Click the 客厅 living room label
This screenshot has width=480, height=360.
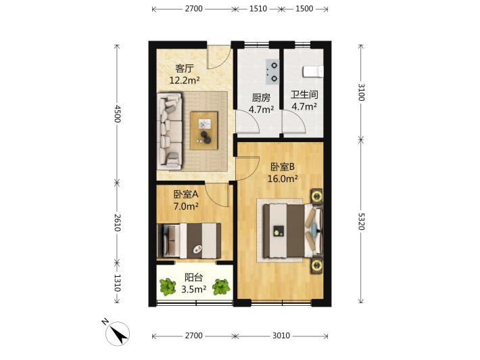185,68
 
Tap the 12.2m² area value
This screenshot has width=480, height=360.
185,81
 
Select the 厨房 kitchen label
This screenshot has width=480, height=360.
261,97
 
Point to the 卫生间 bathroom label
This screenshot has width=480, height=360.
304,95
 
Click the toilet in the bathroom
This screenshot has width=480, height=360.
313,72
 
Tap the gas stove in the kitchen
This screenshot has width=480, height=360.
272,72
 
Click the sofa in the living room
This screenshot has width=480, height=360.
170,131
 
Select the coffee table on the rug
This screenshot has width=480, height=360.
204,131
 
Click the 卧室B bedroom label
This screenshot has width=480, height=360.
283,166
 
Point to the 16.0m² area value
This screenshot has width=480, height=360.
283,179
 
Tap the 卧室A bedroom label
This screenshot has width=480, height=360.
186,194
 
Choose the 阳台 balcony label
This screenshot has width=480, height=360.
193,277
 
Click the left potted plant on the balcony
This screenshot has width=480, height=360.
168,286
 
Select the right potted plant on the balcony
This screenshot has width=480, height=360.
221,287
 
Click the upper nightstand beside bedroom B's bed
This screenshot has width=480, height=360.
316,196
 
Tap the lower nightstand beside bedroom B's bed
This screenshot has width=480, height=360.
316,266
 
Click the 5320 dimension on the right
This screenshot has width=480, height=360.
360,221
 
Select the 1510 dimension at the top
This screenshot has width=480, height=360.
258,9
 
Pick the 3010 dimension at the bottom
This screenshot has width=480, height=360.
281,336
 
